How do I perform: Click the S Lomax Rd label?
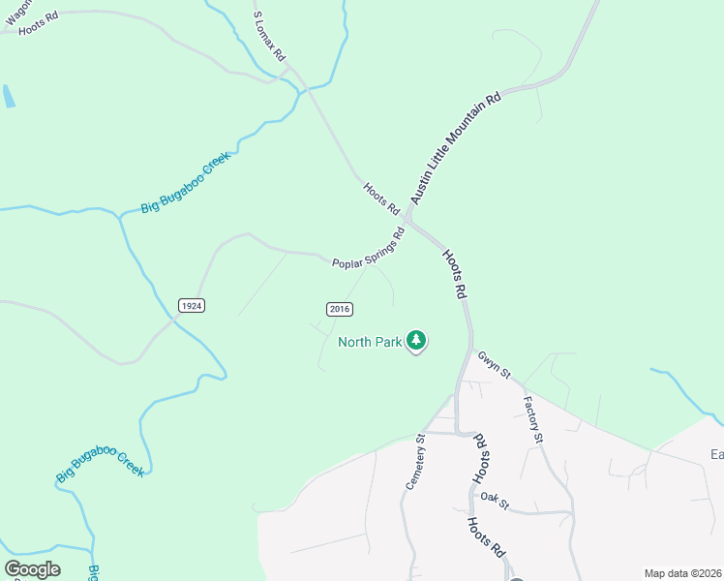tap(270, 38)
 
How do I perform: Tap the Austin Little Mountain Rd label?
tap(455, 148)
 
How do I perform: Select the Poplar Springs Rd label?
tap(368, 250)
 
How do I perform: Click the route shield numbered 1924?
tap(192, 305)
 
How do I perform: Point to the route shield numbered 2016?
tap(339, 309)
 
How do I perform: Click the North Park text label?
tap(369, 341)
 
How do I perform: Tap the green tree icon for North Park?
tap(416, 340)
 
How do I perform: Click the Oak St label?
tap(495, 502)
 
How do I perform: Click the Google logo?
tap(32, 569)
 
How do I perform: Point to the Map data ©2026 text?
tap(682, 573)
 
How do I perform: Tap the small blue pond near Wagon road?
tap(9, 96)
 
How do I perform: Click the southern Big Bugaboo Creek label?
tap(100, 457)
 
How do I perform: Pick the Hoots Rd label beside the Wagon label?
tap(40, 26)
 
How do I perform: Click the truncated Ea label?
tap(716, 454)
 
